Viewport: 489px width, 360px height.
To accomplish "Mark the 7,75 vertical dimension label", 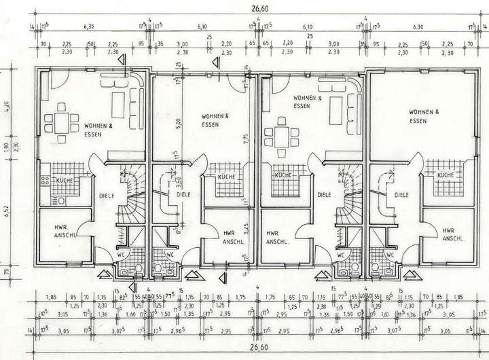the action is click(250, 141).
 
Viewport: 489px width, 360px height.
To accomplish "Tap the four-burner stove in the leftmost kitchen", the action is click(46, 181).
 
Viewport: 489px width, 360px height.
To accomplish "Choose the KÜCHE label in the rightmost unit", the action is click(445, 175).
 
